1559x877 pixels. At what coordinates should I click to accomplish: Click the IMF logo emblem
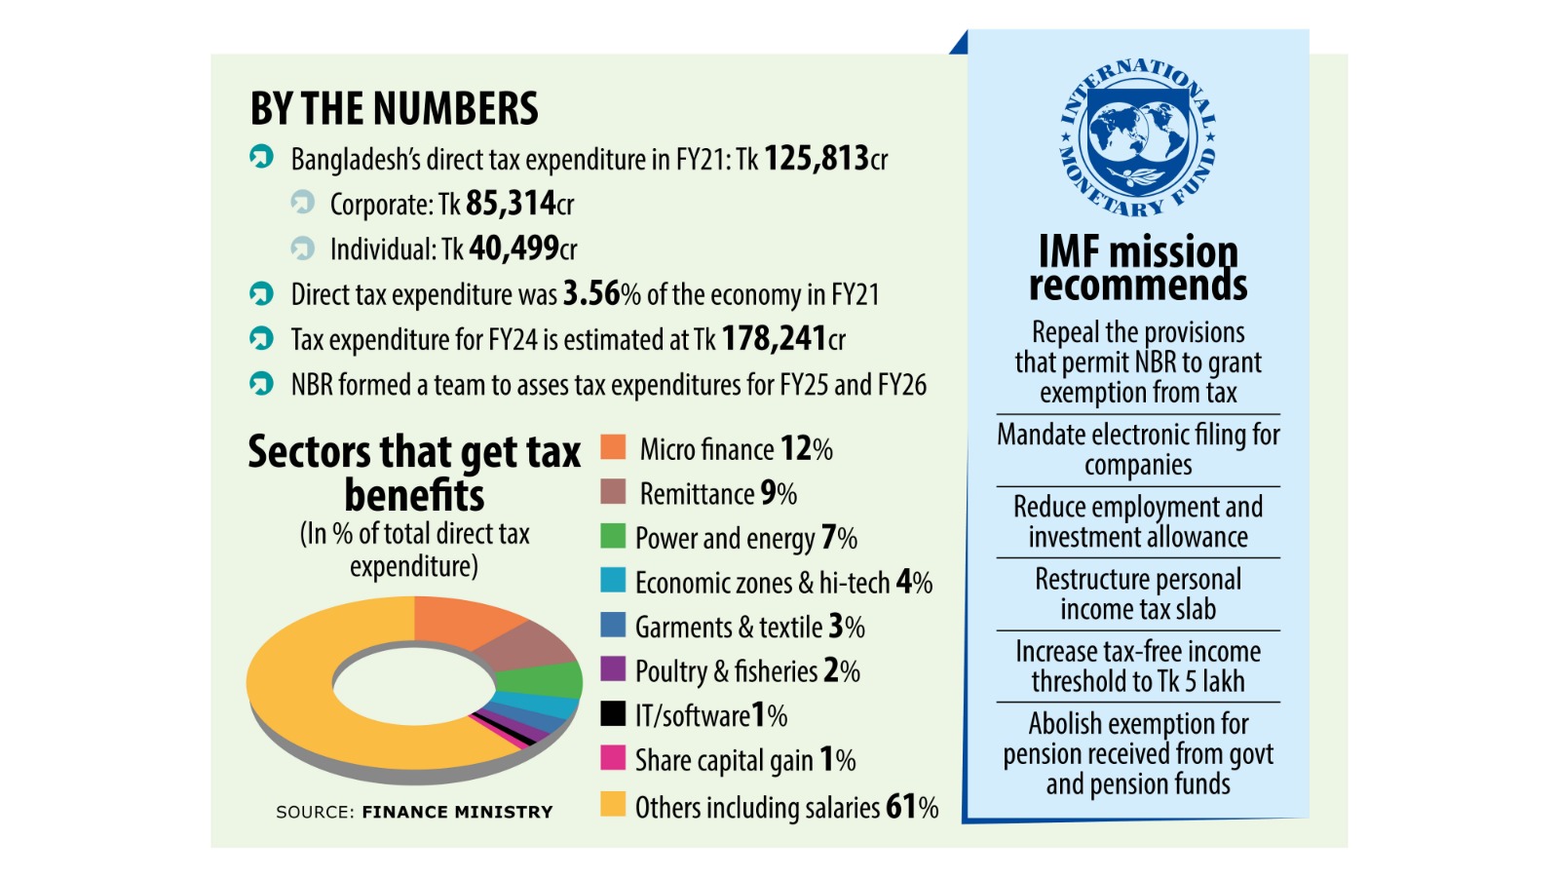pyautogui.click(x=1137, y=136)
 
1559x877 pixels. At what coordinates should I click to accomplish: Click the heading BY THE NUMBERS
pyautogui.click(x=394, y=108)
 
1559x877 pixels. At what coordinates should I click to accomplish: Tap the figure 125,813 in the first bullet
pyautogui.click(x=816, y=158)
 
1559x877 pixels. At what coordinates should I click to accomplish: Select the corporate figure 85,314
pyautogui.click(x=510, y=203)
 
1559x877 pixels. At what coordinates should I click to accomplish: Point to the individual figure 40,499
pyautogui.click(x=513, y=248)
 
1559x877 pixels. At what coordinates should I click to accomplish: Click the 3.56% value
pyautogui.click(x=601, y=293)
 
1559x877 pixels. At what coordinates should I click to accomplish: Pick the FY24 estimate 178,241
pyautogui.click(x=774, y=338)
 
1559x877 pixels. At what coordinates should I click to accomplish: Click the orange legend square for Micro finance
pyautogui.click(x=613, y=447)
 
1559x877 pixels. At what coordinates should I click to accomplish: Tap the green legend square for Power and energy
pyautogui.click(x=613, y=536)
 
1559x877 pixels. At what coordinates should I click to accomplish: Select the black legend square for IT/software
pyautogui.click(x=613, y=713)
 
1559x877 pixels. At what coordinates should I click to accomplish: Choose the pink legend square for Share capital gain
pyautogui.click(x=613, y=757)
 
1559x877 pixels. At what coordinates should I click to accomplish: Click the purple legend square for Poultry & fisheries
pyautogui.click(x=613, y=668)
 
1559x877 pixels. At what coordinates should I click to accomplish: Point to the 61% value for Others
pyautogui.click(x=911, y=807)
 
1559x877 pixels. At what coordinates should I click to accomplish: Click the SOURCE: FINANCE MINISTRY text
pyautogui.click(x=414, y=812)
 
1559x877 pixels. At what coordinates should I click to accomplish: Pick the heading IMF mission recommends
pyautogui.click(x=1138, y=268)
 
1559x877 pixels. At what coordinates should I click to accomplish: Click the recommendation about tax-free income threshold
pyautogui.click(x=1138, y=666)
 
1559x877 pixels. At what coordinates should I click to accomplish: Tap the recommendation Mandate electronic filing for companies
pyautogui.click(x=1138, y=449)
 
